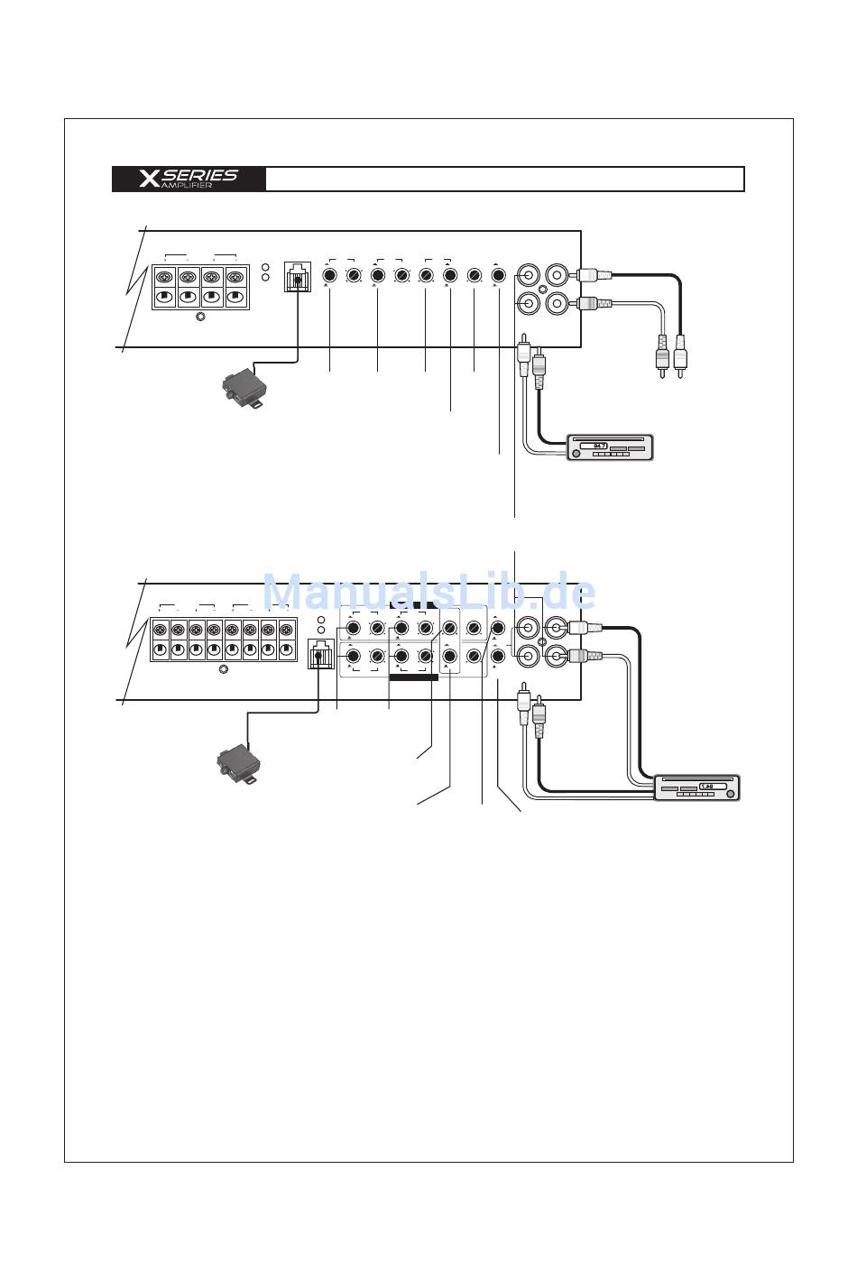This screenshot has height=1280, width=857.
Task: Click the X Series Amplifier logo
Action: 189,179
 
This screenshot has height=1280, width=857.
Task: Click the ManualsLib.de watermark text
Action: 428,593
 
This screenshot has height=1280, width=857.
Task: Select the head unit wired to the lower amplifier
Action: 697,787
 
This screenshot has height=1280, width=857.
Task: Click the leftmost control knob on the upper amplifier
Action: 330,274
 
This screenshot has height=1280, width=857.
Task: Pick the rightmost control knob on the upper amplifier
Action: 498,274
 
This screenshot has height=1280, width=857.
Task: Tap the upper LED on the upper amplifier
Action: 265,267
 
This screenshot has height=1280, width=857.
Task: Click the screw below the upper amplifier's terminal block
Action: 200,317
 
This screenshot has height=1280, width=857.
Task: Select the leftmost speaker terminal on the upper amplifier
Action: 165,278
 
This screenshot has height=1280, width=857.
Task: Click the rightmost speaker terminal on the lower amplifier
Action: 286,631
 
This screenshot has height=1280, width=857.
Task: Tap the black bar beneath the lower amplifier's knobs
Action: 413,677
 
